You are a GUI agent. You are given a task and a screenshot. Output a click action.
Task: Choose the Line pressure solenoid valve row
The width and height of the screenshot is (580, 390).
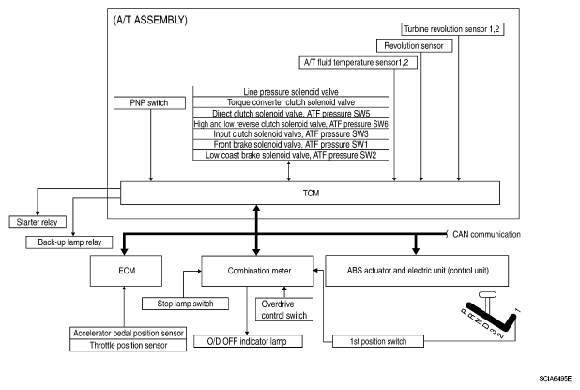[x=290, y=91]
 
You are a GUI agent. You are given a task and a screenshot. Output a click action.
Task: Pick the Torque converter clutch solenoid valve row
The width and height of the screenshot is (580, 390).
[x=290, y=101]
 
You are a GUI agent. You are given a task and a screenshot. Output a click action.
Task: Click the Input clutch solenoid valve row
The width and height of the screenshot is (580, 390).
[x=290, y=134]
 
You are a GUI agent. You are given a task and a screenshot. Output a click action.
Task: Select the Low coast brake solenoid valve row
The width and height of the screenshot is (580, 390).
[x=290, y=155]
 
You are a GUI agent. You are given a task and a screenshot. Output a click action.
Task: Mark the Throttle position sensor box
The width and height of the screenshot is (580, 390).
[x=123, y=345]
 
